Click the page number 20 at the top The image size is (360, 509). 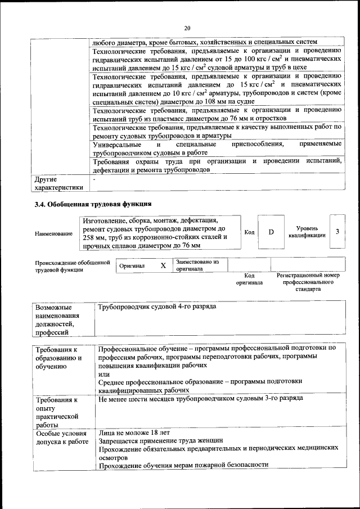tap(188, 28)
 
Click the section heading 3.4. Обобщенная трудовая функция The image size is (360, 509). tap(93, 204)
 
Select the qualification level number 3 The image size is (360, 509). tap(337, 232)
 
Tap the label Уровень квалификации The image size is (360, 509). tap(307, 232)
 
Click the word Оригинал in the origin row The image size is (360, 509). tap(132, 266)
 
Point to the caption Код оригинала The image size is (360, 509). tap(249, 279)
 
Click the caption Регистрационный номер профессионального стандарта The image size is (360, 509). tap(308, 282)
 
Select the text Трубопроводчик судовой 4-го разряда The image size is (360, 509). tap(157, 307)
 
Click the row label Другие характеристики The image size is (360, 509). tap(59, 183)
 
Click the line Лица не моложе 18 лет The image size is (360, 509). tap(134, 433)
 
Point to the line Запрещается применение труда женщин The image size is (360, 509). tap(161, 441)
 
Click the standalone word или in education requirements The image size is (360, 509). tap(103, 373)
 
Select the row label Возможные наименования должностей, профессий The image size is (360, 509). tap(58, 320)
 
